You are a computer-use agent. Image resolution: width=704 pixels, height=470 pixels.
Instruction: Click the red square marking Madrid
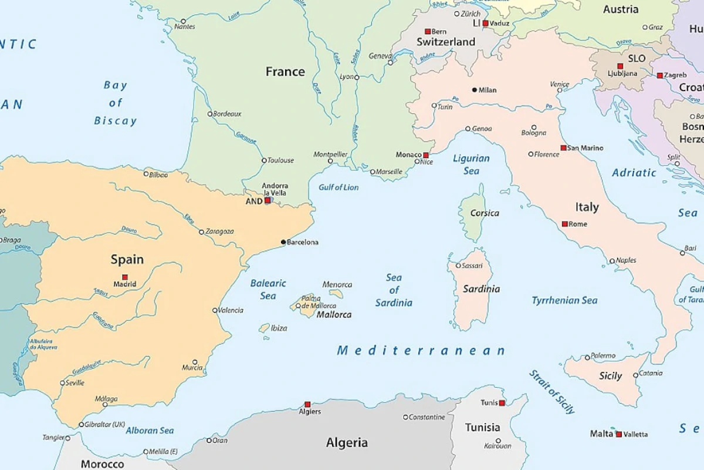coord(124,277)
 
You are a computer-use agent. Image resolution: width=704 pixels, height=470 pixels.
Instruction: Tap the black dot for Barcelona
coord(283,242)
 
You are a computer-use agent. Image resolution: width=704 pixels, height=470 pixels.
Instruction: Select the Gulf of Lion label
coord(339,187)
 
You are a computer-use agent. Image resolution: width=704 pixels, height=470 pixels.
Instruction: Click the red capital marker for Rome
coord(564,224)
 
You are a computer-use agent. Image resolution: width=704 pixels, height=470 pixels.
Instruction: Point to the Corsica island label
coord(485,213)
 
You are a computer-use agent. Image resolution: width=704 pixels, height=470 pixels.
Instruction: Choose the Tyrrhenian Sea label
coord(564,300)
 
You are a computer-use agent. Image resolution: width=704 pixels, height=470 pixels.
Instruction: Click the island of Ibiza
coord(265,328)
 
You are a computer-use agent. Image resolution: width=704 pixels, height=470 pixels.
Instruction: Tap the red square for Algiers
coord(307,404)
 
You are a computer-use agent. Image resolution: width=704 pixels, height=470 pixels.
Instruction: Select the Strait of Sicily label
coord(551,392)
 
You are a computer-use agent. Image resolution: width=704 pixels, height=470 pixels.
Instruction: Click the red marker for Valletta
coord(618,434)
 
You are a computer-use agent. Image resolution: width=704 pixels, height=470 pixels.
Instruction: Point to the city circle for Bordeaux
coord(210,114)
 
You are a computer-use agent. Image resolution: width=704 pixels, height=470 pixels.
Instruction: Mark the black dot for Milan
coord(474,90)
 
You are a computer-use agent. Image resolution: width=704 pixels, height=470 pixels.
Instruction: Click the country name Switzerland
coord(446,42)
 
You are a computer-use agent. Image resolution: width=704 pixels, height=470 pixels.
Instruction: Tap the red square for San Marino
coord(563,148)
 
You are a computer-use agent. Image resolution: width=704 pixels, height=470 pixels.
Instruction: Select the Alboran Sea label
coord(150,431)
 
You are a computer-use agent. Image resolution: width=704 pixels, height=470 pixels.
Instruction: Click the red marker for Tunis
coord(502,403)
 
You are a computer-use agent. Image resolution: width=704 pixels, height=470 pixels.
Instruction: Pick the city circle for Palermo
coord(587,357)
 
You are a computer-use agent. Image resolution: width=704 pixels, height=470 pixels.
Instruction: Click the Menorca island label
coord(337,285)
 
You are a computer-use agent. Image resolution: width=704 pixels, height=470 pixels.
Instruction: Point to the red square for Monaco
coord(425,155)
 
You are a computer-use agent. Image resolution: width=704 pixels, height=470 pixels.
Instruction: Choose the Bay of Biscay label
coord(115,103)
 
